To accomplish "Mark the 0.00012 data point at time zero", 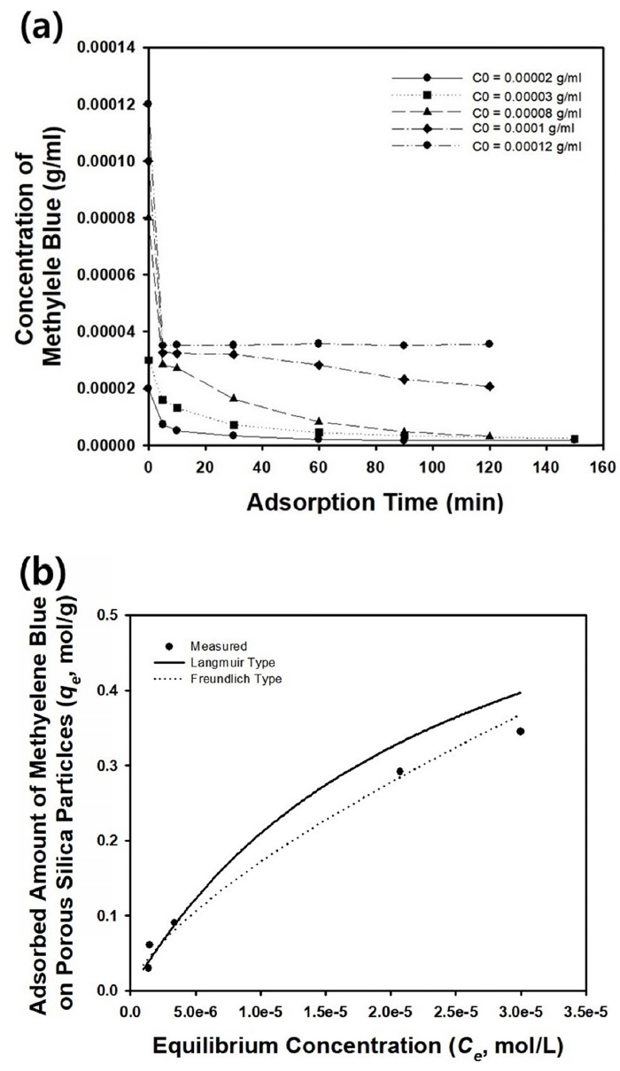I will pos(148,104).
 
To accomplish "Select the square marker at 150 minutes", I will pos(575,439).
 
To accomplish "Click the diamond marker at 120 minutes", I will pos(490,387).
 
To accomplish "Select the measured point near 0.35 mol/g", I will pos(521,731).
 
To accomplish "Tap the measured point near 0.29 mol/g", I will pos(399,772).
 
